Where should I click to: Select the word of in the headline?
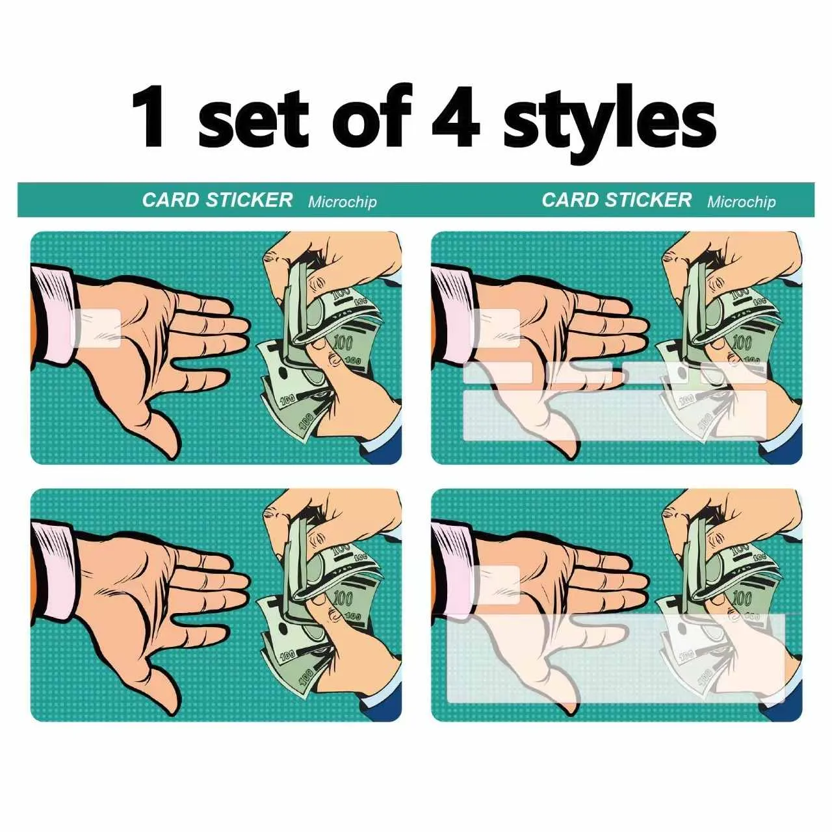tap(371, 116)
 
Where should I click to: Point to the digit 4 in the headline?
tap(456, 116)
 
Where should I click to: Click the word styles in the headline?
tap(609, 122)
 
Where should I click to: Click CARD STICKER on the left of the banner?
tap(217, 200)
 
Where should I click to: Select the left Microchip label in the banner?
tap(343, 201)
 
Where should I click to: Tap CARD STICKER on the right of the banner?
tap(617, 200)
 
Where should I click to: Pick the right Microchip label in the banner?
tap(742, 201)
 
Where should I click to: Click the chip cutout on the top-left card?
tap(96, 328)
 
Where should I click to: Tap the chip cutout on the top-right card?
tap(495, 328)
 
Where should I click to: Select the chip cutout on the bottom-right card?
tap(495, 584)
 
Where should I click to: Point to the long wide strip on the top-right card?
tap(615, 415)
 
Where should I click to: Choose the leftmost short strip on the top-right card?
tap(497, 372)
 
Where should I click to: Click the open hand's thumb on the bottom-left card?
tap(161, 683)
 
